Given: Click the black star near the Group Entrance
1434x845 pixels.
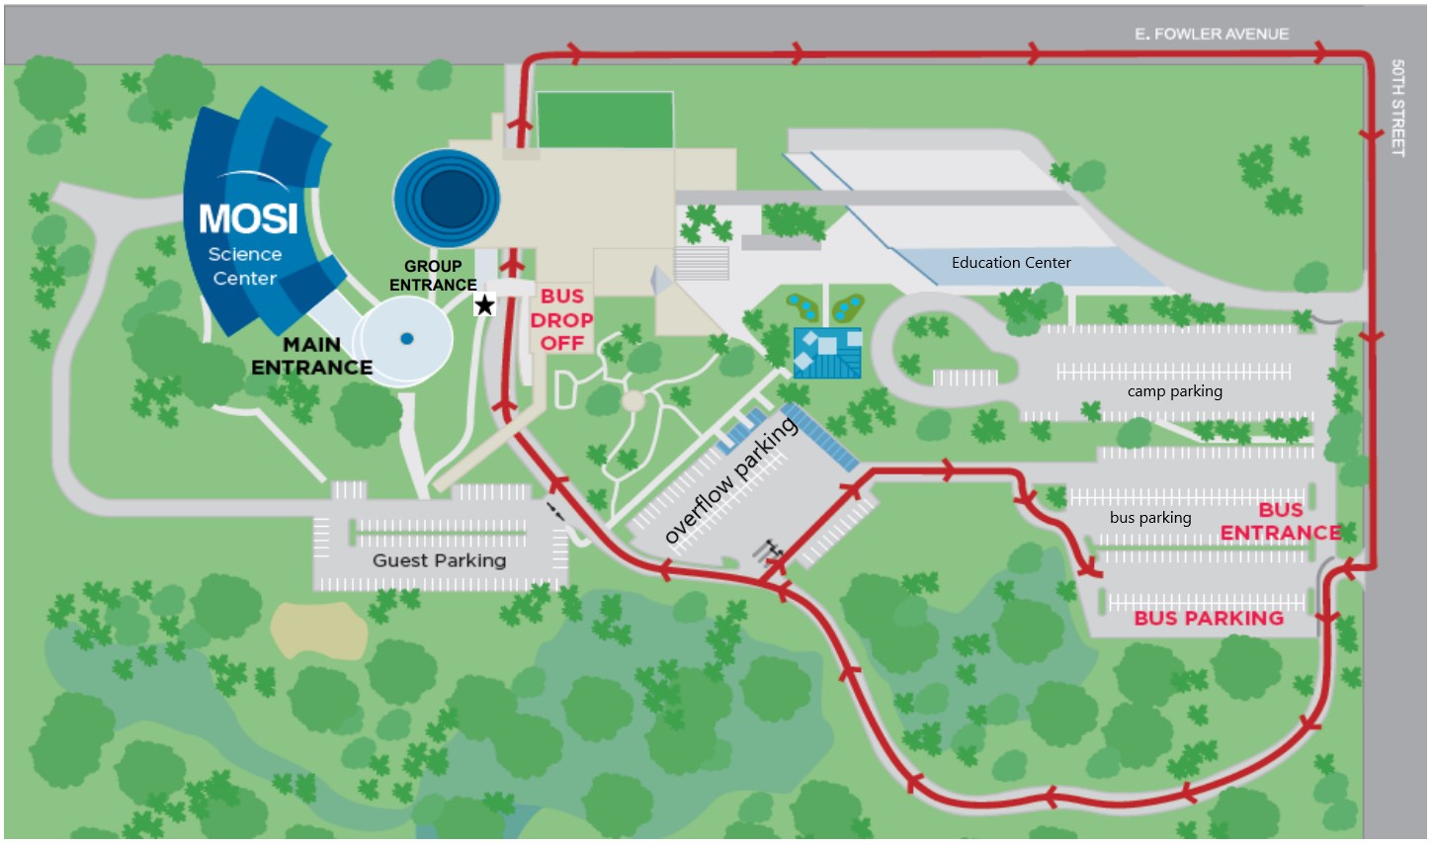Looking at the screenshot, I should pyautogui.click(x=484, y=305).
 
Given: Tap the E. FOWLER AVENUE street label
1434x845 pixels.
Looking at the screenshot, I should pyautogui.click(x=1211, y=35).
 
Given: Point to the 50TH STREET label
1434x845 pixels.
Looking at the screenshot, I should pyautogui.click(x=1397, y=107).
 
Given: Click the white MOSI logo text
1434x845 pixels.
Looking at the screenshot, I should pyautogui.click(x=248, y=218).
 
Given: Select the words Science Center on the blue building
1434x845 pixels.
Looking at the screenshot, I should pyautogui.click(x=245, y=266).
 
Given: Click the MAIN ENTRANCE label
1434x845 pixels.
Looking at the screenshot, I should pyautogui.click(x=311, y=356).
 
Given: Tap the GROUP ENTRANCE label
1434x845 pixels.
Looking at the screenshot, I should pyautogui.click(x=433, y=276).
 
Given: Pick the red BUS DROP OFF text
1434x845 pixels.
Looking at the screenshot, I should pyautogui.click(x=561, y=319).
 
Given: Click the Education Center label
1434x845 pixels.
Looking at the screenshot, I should pyautogui.click(x=1011, y=263).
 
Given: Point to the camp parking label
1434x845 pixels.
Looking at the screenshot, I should pyautogui.click(x=1174, y=391).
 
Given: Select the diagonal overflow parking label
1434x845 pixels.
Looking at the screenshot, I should pyautogui.click(x=730, y=481).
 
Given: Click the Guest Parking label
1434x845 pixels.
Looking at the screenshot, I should pyautogui.click(x=439, y=560).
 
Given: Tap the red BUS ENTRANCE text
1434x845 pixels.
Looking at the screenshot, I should pyautogui.click(x=1281, y=522).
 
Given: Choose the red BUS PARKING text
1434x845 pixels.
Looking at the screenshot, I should pyautogui.click(x=1209, y=619).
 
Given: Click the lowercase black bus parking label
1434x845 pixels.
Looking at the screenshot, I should pyautogui.click(x=1150, y=518).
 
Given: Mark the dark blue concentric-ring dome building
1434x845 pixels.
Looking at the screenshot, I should pyautogui.click(x=446, y=199).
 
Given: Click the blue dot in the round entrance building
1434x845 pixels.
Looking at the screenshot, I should pyautogui.click(x=406, y=339).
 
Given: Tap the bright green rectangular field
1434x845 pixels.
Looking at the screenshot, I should pyautogui.click(x=604, y=120).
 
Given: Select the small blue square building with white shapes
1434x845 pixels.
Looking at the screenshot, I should pyautogui.click(x=827, y=353).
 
